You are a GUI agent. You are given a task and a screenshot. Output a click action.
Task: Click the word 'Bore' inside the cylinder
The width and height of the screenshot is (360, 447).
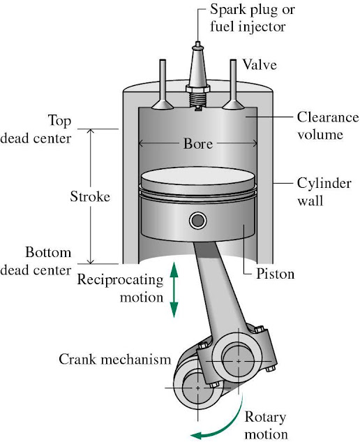click(x=198, y=145)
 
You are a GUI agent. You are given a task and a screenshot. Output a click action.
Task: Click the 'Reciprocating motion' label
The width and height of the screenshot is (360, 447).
click(x=121, y=288)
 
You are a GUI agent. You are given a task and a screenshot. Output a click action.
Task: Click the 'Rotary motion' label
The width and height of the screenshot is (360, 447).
click(x=266, y=425)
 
